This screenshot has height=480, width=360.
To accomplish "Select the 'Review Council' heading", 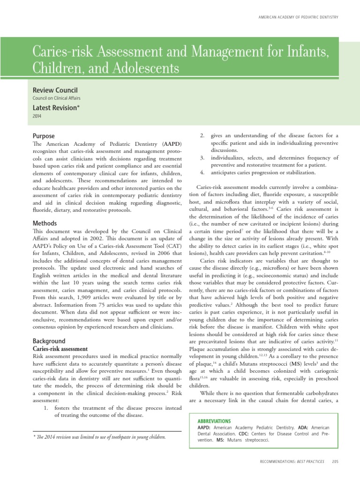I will point(55,90).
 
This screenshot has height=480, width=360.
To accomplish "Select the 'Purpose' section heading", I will point(44,136).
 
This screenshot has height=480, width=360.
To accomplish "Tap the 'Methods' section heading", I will point(45,224).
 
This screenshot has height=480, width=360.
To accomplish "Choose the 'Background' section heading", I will point(49,341).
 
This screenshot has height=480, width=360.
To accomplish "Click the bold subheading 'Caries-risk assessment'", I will point(60,349).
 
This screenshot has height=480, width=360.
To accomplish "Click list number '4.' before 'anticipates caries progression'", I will point(202,172).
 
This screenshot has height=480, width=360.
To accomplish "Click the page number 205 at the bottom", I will point(335,462).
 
